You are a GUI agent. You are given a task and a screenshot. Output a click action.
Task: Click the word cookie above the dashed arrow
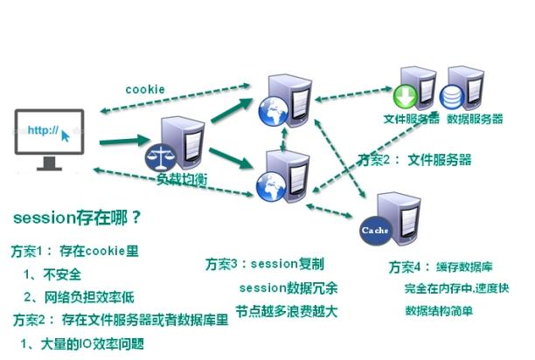[144, 88]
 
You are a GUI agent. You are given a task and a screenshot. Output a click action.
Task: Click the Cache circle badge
[373, 230]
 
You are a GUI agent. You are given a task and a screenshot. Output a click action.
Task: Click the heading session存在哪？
[77, 216]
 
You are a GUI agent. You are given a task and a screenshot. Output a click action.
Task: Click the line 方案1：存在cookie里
[74, 251]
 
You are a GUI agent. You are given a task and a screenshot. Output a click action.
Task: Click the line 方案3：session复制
[265, 264]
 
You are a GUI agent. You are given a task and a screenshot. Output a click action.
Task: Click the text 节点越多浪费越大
[283, 310]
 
